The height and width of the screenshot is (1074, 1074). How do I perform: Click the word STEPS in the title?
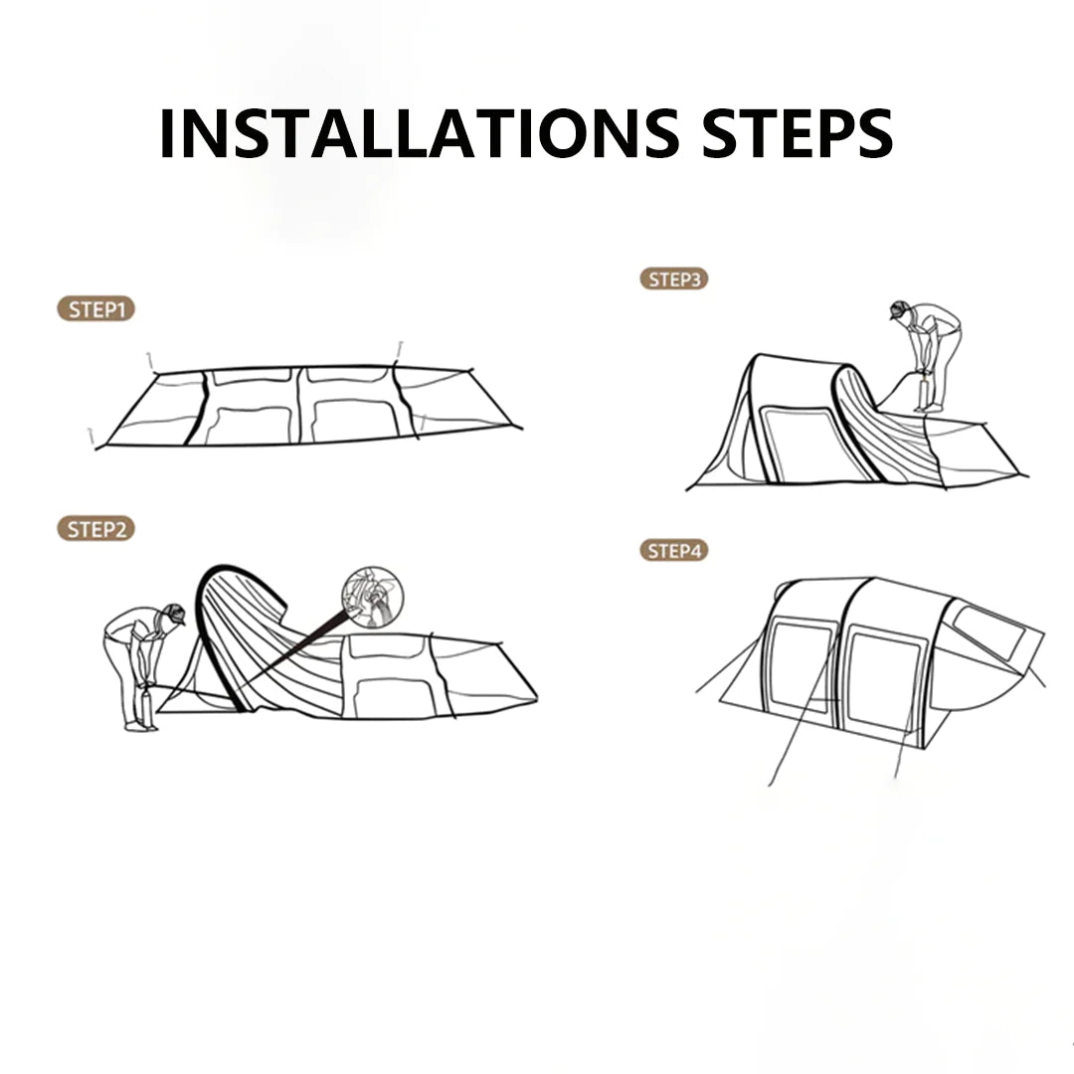click(798, 133)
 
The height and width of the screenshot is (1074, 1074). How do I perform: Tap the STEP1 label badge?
click(95, 309)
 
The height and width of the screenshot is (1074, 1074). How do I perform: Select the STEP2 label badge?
click(95, 529)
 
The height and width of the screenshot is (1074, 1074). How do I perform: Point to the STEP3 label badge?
click(674, 279)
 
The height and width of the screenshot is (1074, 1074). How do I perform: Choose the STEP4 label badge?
click(674, 551)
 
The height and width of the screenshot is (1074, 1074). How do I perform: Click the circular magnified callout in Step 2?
click(373, 597)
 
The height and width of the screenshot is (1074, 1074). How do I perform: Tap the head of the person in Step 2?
click(174, 615)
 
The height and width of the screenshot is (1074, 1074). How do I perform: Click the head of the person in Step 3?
click(900, 309)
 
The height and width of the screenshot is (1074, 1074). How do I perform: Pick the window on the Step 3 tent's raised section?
click(796, 444)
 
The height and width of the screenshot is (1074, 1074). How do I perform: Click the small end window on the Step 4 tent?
click(988, 632)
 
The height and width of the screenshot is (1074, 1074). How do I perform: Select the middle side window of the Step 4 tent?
click(884, 682)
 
